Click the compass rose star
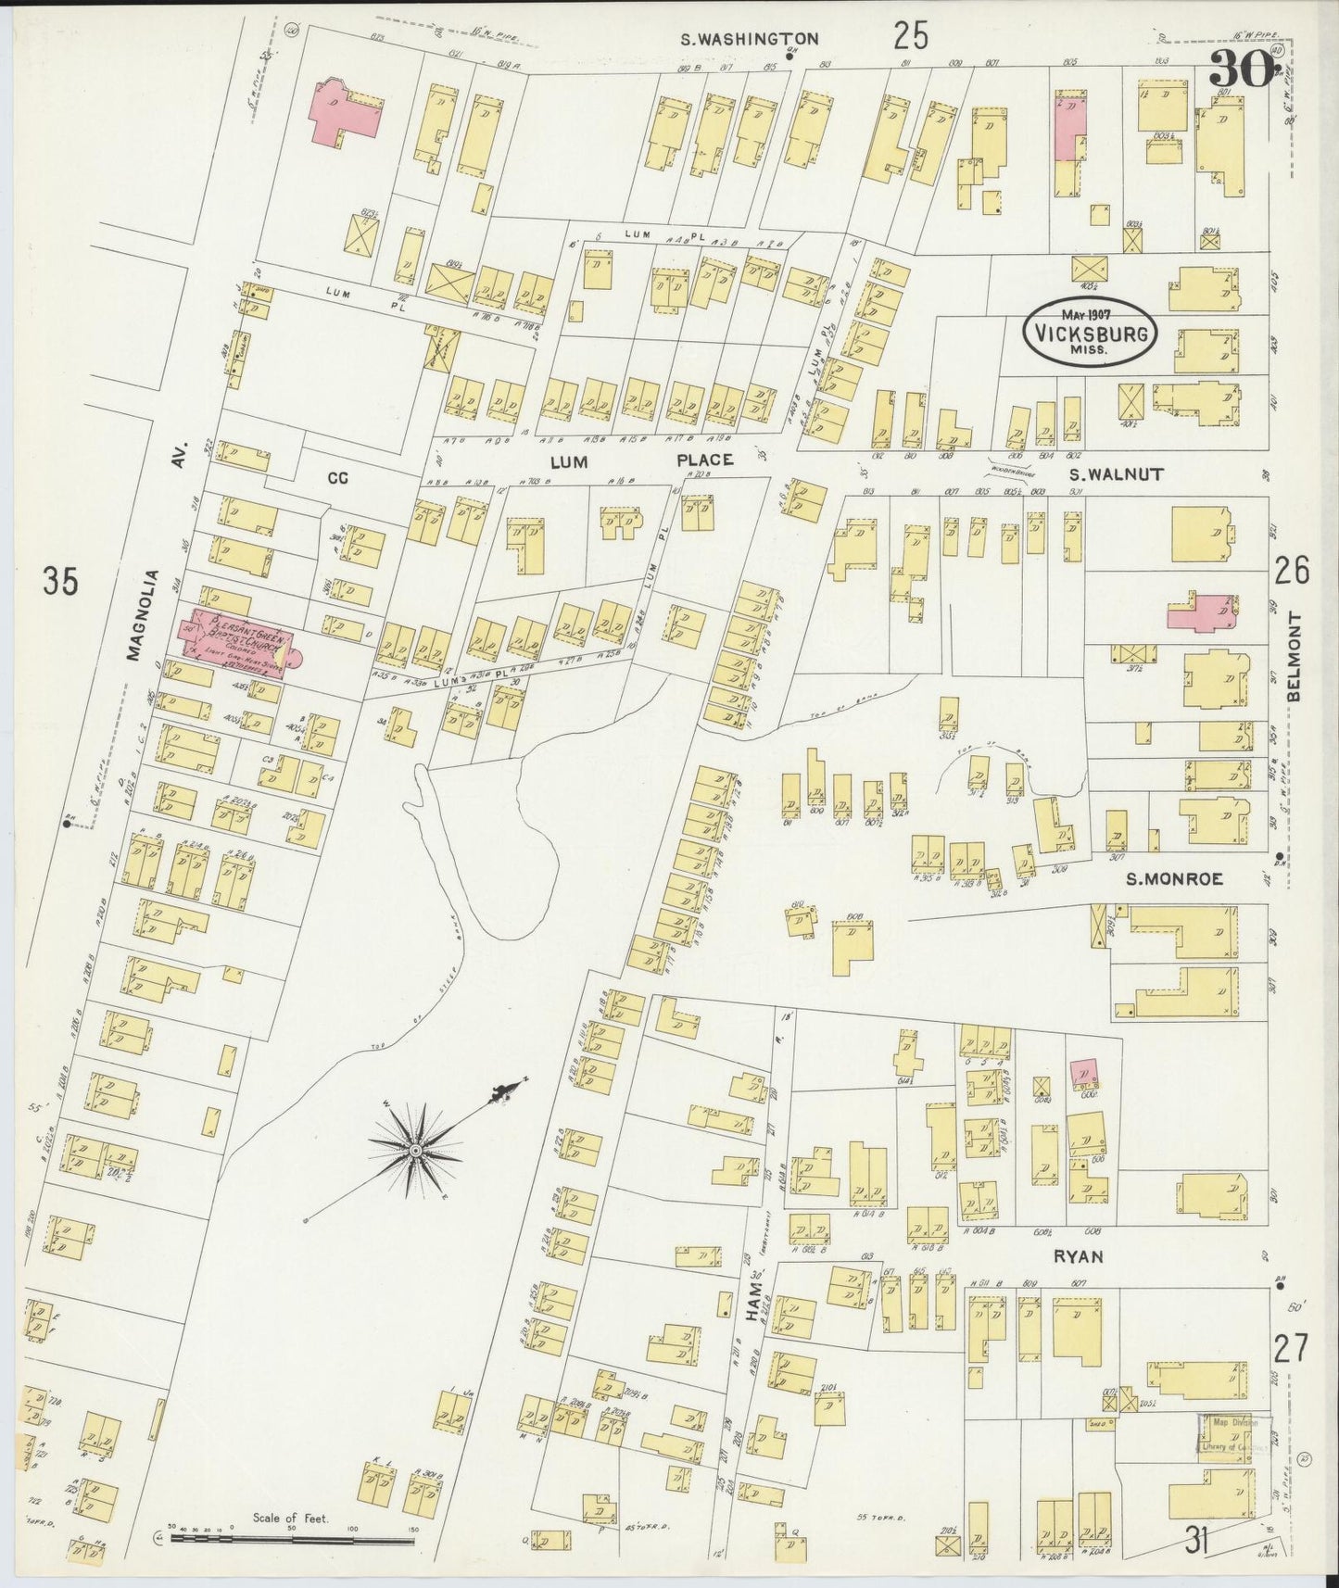[417, 1150]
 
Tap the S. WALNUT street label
[1102, 473]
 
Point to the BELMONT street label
[1294, 657]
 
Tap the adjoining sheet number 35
[60, 582]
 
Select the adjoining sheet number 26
[1292, 571]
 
